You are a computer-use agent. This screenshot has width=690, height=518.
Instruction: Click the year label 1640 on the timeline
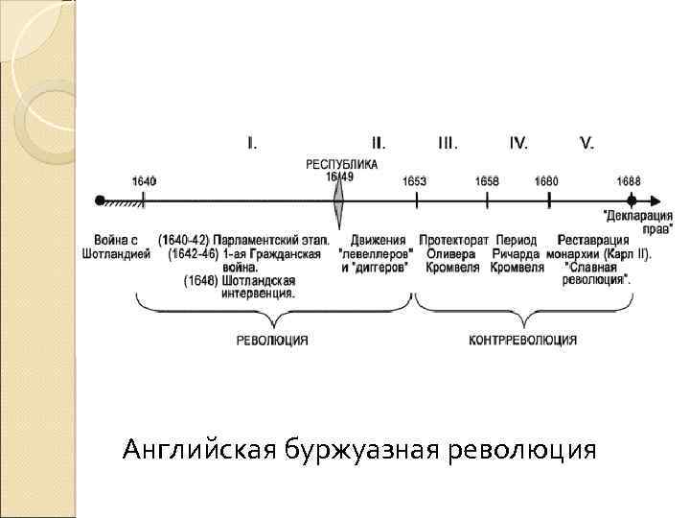144,181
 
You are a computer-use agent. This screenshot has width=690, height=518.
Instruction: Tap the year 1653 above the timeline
415,181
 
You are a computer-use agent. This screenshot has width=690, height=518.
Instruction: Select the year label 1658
487,181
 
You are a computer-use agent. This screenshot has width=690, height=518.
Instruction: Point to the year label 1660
546,181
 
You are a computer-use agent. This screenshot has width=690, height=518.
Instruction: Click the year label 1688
629,181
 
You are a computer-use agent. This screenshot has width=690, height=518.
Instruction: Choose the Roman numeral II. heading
379,144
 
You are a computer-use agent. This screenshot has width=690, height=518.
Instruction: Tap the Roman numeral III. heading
447,144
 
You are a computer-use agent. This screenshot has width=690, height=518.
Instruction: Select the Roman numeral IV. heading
518,144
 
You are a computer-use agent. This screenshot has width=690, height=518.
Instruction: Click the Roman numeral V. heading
586,144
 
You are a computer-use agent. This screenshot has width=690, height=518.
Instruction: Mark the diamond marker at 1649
338,200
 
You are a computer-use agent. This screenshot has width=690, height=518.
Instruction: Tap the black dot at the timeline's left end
100,200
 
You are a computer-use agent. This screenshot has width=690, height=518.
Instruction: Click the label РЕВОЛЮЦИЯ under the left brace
273,340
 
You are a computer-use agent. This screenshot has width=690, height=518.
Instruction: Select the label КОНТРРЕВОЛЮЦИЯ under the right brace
522,340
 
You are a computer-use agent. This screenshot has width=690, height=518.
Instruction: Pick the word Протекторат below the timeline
450,239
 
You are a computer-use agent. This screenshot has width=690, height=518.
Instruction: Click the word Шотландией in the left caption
123,254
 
